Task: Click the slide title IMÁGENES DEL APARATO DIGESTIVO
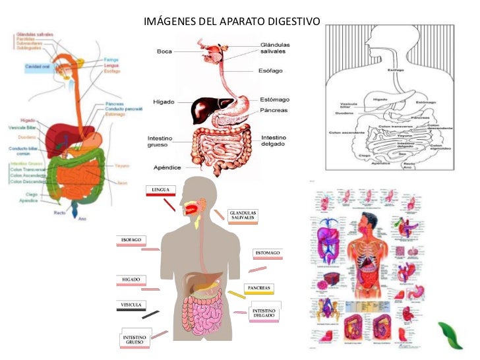coord(231,22)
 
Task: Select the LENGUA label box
coord(161,191)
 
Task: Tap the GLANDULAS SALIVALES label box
coord(242,216)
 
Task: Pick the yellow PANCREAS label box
coord(258,288)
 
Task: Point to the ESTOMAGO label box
coord(268,253)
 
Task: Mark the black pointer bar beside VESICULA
coord(150,315)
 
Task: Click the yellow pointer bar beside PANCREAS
coord(236,295)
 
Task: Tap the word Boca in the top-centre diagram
coord(164,51)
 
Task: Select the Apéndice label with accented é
coord(167,167)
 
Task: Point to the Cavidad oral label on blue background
coord(38,67)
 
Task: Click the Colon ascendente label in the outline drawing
coord(344,132)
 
